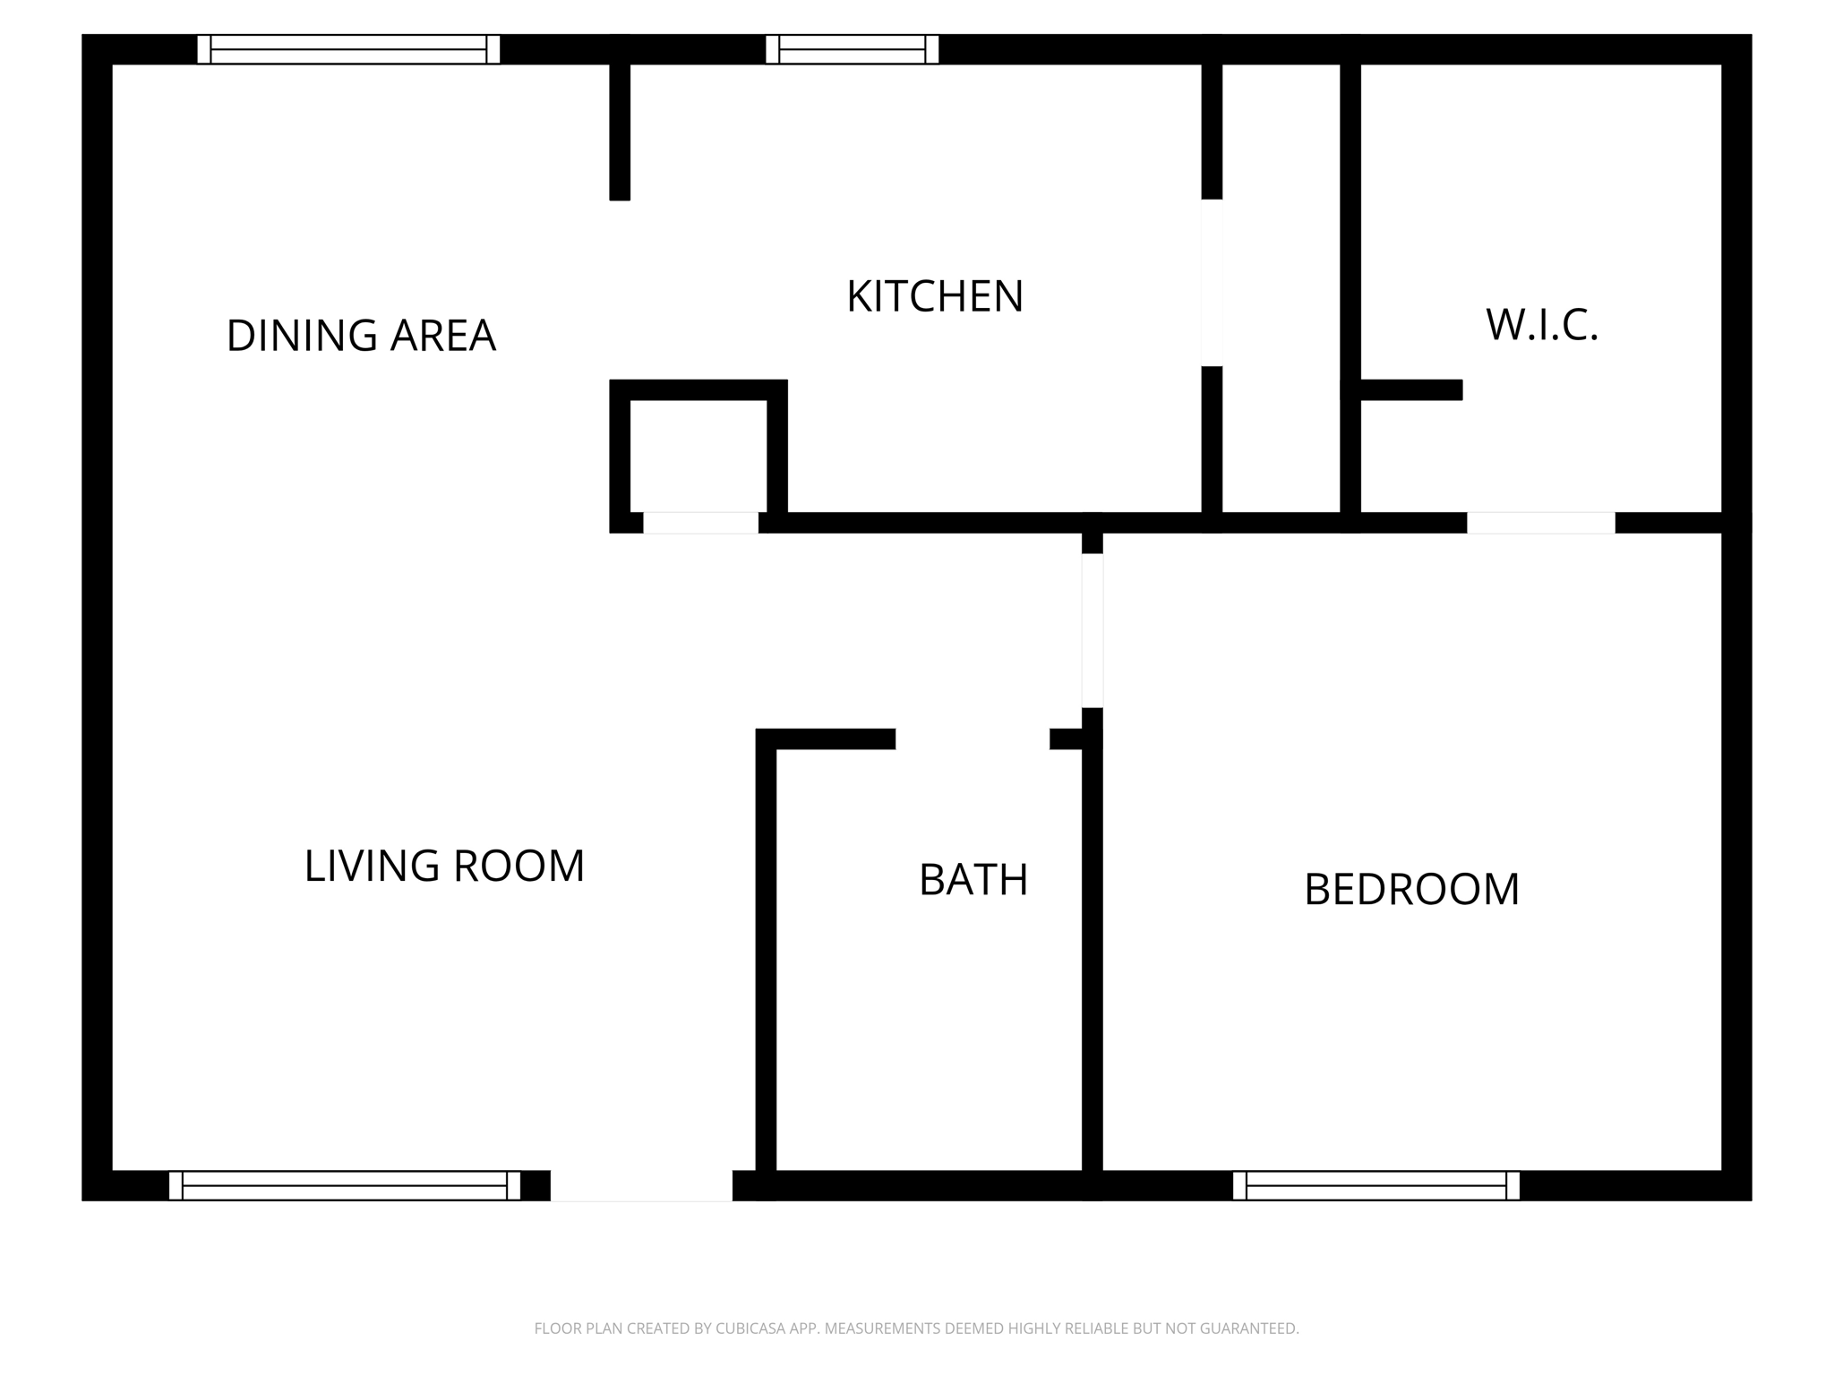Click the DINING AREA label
[361, 336]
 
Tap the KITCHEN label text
[934, 296]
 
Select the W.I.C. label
[1542, 325]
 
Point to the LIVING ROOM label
[444, 866]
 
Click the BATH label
[973, 880]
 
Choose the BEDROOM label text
[1411, 889]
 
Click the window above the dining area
[348, 49]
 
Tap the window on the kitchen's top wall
[852, 49]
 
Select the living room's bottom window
[345, 1185]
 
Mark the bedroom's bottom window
[1376, 1185]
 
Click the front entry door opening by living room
[641, 1185]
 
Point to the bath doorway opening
[973, 739]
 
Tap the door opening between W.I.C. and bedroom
[1540, 523]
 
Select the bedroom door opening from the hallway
[1093, 630]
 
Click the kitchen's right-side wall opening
[1212, 282]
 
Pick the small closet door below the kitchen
[700, 523]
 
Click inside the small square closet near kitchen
[698, 455]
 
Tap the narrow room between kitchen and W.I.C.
[1281, 286]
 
